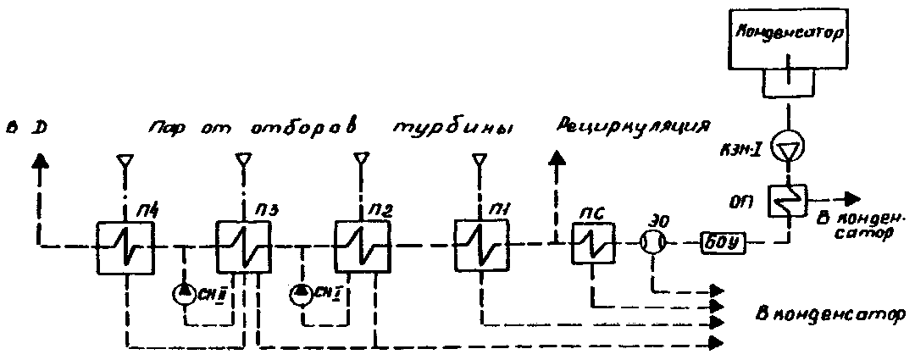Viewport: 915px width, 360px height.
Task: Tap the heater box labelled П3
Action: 242,246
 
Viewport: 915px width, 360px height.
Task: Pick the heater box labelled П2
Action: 361,246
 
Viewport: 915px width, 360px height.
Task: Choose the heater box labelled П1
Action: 480,246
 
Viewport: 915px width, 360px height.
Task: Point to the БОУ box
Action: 722,244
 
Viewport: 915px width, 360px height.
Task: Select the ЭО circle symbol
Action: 653,244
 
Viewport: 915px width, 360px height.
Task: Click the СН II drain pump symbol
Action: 184,294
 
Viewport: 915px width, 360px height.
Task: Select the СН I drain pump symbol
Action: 301,294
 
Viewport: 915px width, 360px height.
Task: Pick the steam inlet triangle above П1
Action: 480,158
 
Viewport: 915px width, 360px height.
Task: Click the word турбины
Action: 453,129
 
